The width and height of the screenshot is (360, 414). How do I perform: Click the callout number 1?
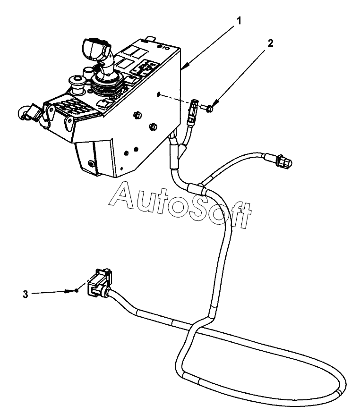pyautogui.click(x=240, y=20)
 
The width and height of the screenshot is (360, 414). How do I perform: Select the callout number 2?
pyautogui.click(x=270, y=43)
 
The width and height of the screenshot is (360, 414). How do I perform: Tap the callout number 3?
pyautogui.click(x=25, y=294)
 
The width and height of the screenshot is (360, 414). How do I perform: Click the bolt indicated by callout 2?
pyautogui.click(x=209, y=109)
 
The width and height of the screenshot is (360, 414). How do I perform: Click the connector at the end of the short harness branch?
pyautogui.click(x=282, y=161)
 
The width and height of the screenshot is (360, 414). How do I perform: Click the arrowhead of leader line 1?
pyautogui.click(x=184, y=68)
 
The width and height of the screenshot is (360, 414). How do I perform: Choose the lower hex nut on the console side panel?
pyautogui.click(x=153, y=126)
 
